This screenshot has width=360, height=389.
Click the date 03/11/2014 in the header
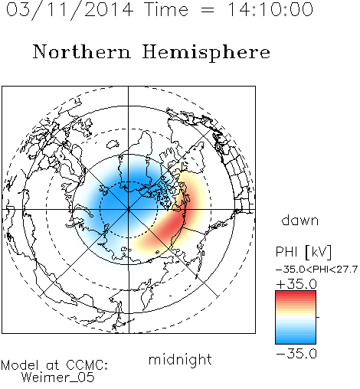click(x=70, y=10)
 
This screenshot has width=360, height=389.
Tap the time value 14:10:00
click(x=270, y=9)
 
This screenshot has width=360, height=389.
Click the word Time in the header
click(x=166, y=9)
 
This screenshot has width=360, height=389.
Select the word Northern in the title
click(x=82, y=51)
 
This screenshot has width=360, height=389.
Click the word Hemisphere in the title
click(x=206, y=53)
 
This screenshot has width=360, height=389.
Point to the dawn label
click(x=300, y=220)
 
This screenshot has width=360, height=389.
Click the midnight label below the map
click(x=180, y=359)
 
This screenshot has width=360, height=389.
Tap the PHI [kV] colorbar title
click(x=303, y=252)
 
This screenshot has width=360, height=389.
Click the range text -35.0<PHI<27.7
click(x=316, y=270)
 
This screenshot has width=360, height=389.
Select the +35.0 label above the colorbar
click(x=296, y=284)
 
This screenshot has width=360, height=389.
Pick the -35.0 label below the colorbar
click(x=296, y=354)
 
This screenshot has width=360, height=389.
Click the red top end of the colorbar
click(x=296, y=293)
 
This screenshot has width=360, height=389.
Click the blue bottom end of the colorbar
click(x=296, y=341)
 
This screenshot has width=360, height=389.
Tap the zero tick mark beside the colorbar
click(x=318, y=317)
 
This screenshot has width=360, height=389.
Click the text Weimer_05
click(x=58, y=378)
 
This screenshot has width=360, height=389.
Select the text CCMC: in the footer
click(x=87, y=365)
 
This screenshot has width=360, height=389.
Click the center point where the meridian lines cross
click(x=129, y=210)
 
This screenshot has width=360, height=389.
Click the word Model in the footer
click(x=20, y=365)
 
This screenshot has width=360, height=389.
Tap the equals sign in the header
click(x=208, y=10)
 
